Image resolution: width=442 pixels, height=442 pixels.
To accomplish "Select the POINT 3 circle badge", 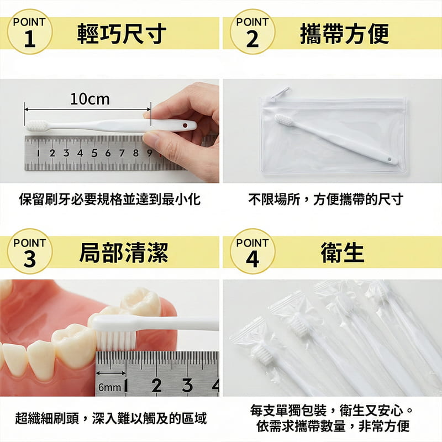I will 30,251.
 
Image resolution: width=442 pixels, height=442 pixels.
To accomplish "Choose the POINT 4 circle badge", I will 252,251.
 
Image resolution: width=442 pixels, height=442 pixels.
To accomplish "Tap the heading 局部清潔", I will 123,252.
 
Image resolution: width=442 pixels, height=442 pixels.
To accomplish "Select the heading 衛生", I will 343,252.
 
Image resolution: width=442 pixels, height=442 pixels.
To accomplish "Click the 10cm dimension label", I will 90,99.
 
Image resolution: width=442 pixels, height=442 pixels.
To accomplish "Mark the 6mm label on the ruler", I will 109,387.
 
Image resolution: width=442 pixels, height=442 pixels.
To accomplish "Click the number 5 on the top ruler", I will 94,153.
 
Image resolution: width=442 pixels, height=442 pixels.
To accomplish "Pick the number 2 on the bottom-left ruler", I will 156,385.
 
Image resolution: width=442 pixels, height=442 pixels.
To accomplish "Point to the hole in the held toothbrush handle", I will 184,127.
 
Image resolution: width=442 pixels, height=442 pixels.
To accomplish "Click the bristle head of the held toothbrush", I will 36,125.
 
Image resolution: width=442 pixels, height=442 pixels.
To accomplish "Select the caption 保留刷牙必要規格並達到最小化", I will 109,199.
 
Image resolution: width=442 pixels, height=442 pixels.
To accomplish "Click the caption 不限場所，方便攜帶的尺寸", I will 325,199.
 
